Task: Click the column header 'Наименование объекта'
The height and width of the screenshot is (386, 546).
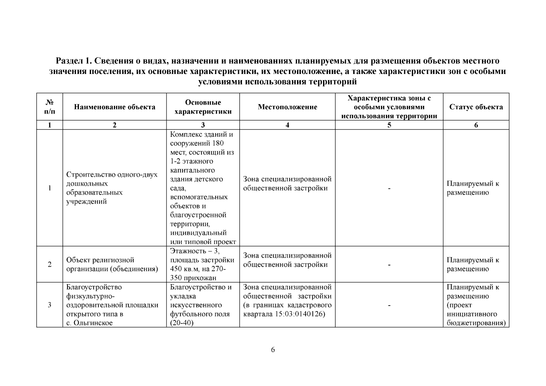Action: click(115, 107)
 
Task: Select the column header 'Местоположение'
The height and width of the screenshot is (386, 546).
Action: click(287, 107)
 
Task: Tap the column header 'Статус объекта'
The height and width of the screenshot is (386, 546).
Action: click(476, 107)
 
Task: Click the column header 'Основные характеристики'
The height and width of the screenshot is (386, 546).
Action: click(203, 107)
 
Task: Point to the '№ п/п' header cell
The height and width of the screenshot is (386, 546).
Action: click(50, 107)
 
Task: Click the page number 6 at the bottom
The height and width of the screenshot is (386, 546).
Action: click(273, 350)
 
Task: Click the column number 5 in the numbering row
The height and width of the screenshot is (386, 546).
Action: click(389, 125)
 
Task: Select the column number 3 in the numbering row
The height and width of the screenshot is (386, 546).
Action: click(203, 125)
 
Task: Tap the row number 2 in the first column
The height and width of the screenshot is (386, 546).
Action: click(50, 264)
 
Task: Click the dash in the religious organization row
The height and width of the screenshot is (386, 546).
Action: click(389, 265)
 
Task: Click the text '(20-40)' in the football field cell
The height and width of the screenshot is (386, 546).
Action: click(181, 323)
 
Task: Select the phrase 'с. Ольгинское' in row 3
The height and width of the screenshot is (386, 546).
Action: click(89, 323)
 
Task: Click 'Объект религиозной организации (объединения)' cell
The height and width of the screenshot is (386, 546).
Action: click(112, 264)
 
